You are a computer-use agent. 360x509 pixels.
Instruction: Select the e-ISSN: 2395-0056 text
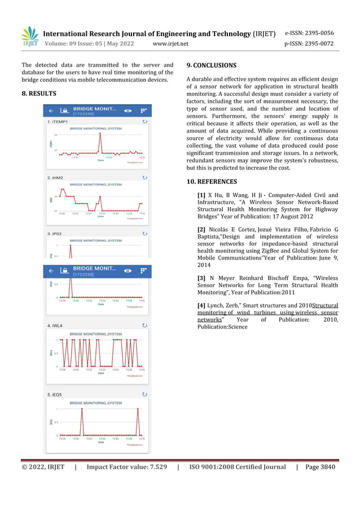(309, 33)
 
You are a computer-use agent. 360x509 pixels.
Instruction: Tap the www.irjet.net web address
(170, 43)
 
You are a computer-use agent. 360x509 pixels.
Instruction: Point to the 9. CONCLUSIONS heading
(211, 65)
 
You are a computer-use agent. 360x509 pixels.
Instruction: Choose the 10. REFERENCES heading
(212, 182)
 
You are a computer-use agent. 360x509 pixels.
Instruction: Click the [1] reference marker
(201, 195)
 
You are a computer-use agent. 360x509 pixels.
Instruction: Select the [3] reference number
(201, 278)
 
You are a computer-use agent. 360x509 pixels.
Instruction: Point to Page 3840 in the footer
(320, 467)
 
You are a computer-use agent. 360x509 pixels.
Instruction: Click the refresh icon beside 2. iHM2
(145, 177)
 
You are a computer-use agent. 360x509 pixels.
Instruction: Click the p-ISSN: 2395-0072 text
(309, 43)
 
